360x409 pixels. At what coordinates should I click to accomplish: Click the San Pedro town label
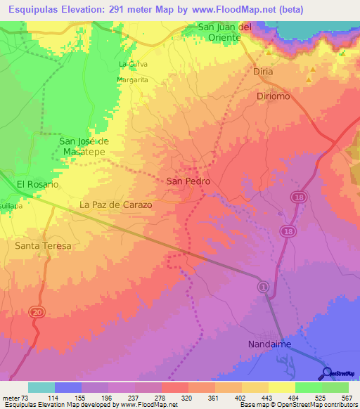tap(188, 181)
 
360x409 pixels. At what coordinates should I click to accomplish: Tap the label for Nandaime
tap(269, 344)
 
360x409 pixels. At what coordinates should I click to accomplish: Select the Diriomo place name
tap(273, 96)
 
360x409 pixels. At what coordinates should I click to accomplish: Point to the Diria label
tap(262, 72)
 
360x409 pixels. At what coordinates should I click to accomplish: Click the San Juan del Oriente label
tap(224, 32)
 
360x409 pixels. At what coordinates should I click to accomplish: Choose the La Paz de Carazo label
tap(116, 204)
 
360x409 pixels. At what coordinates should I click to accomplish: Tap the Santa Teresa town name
tap(43, 246)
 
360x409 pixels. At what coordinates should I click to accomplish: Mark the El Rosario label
tap(37, 184)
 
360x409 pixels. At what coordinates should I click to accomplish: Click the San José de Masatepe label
tap(84, 145)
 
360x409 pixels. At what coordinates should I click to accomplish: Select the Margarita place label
tap(132, 80)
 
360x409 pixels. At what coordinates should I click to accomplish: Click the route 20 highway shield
tap(34, 311)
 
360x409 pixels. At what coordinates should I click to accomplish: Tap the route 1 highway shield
tap(263, 287)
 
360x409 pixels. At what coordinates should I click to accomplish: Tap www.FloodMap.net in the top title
tap(235, 10)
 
